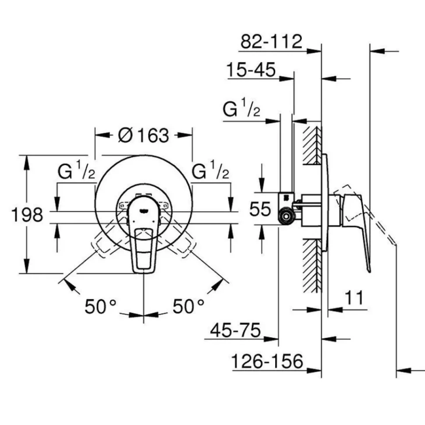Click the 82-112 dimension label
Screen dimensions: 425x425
(271, 42)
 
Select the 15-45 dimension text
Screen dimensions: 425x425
(251, 70)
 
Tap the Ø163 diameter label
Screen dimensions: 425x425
(144, 135)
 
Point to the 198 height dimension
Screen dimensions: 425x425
(27, 215)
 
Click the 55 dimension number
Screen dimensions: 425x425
(260, 209)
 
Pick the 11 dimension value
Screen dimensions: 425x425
(354, 297)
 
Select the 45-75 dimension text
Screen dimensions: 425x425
(235, 330)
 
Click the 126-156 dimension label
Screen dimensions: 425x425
(267, 361)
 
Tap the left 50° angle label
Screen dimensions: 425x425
(100, 307)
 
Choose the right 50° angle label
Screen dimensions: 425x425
(188, 307)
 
